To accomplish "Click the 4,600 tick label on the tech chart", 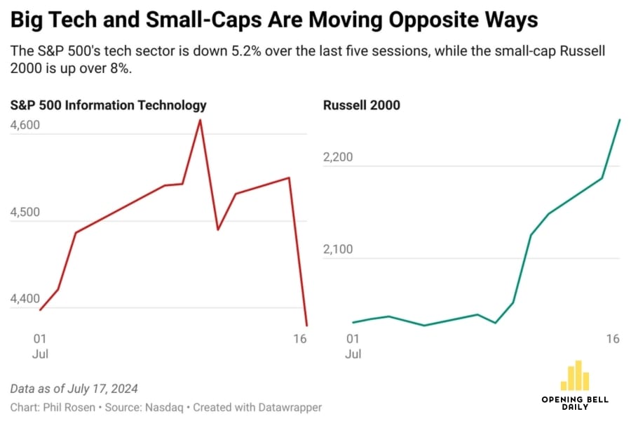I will tap(25, 126).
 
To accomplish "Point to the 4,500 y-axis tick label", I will tap(25, 213).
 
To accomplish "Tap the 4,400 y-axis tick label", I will tap(25, 300).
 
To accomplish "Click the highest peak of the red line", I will tap(200, 120).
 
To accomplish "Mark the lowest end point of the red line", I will tap(306, 325).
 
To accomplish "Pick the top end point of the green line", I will tap(620, 120).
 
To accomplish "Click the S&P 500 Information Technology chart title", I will tap(108, 105).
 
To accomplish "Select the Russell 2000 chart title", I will tap(361, 105).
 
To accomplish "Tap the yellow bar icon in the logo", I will tap(575, 376).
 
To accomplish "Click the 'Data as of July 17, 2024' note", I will tap(74, 389).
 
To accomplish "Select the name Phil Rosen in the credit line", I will tap(66, 407).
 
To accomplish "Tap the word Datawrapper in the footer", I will tap(290, 407).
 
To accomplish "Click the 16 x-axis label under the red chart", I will tap(300, 339).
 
